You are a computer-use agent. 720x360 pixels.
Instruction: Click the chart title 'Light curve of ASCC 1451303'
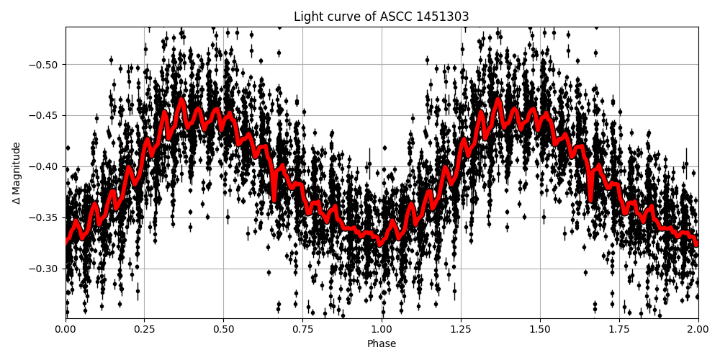[x=382, y=17]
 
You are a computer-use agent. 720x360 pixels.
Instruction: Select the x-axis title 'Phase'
[x=382, y=344]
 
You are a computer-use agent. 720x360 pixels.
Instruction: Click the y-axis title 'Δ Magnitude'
[x=17, y=173]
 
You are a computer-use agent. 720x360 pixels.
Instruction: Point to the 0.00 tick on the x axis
[x=66, y=330]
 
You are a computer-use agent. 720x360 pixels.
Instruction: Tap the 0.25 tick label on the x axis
[x=145, y=330]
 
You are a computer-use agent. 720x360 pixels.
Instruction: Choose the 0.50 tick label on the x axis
[x=224, y=330]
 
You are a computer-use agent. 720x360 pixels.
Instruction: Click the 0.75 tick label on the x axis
[x=302, y=330]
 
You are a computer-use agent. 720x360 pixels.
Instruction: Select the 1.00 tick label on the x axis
[x=382, y=330]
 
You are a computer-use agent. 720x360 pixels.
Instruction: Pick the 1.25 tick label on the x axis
[x=461, y=330]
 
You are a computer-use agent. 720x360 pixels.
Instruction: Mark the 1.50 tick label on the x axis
[x=540, y=330]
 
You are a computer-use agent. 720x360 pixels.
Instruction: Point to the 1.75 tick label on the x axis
[x=619, y=330]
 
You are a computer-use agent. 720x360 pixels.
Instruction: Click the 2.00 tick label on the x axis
[x=698, y=330]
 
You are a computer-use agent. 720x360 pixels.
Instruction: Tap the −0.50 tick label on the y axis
[x=45, y=65]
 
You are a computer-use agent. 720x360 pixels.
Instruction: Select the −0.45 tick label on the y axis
[x=45, y=115]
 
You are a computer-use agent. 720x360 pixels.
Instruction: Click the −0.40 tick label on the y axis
[x=45, y=166]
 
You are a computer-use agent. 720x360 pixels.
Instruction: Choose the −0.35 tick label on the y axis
[x=45, y=217]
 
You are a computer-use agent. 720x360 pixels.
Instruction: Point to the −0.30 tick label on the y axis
[x=45, y=269]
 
